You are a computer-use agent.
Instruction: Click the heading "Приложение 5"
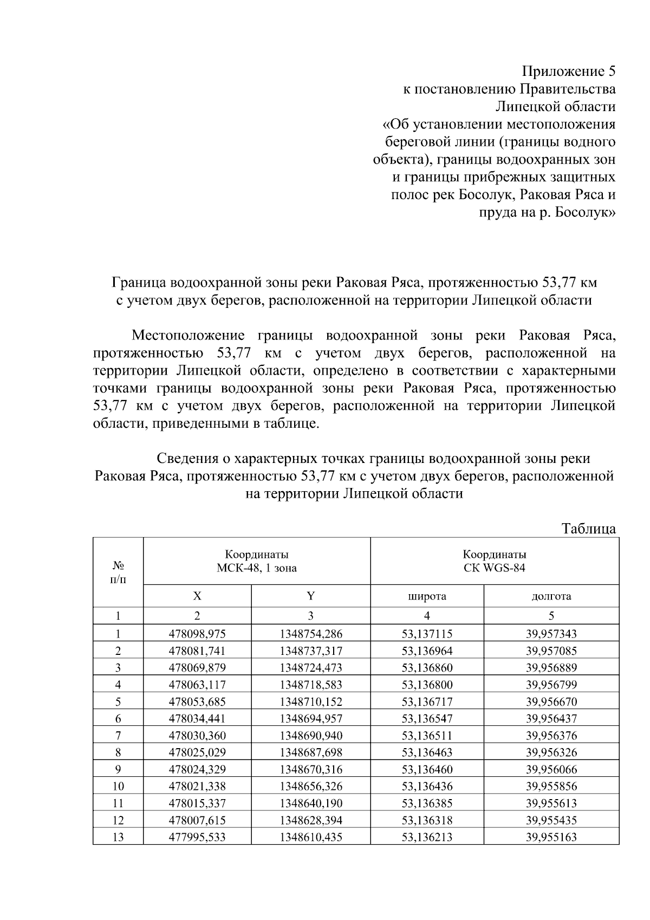pyautogui.click(x=569, y=72)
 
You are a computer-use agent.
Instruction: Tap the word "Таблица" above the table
pyautogui.click(x=588, y=529)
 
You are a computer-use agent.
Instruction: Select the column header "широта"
pyautogui.click(x=427, y=596)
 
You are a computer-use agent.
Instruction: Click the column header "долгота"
pyautogui.click(x=551, y=596)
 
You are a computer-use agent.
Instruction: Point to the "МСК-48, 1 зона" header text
pyautogui.click(x=257, y=568)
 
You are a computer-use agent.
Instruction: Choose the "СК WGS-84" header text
pyautogui.click(x=494, y=568)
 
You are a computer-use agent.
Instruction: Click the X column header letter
pyautogui.click(x=197, y=596)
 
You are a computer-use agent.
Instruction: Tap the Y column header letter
pyautogui.click(x=310, y=596)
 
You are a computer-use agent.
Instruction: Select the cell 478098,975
pyautogui.click(x=197, y=634)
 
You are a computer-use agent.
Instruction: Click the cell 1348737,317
pyautogui.click(x=311, y=651)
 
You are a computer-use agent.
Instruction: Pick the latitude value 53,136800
pyautogui.click(x=427, y=685)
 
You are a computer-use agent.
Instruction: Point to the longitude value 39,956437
pyautogui.click(x=551, y=719)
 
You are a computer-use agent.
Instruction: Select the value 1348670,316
pyautogui.click(x=311, y=769)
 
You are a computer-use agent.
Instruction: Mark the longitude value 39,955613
pyautogui.click(x=551, y=803)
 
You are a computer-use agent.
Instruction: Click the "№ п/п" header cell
pyautogui.click(x=118, y=572)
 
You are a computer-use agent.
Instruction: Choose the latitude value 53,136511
pyautogui.click(x=427, y=736)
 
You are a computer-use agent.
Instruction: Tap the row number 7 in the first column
pyautogui.click(x=118, y=736)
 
